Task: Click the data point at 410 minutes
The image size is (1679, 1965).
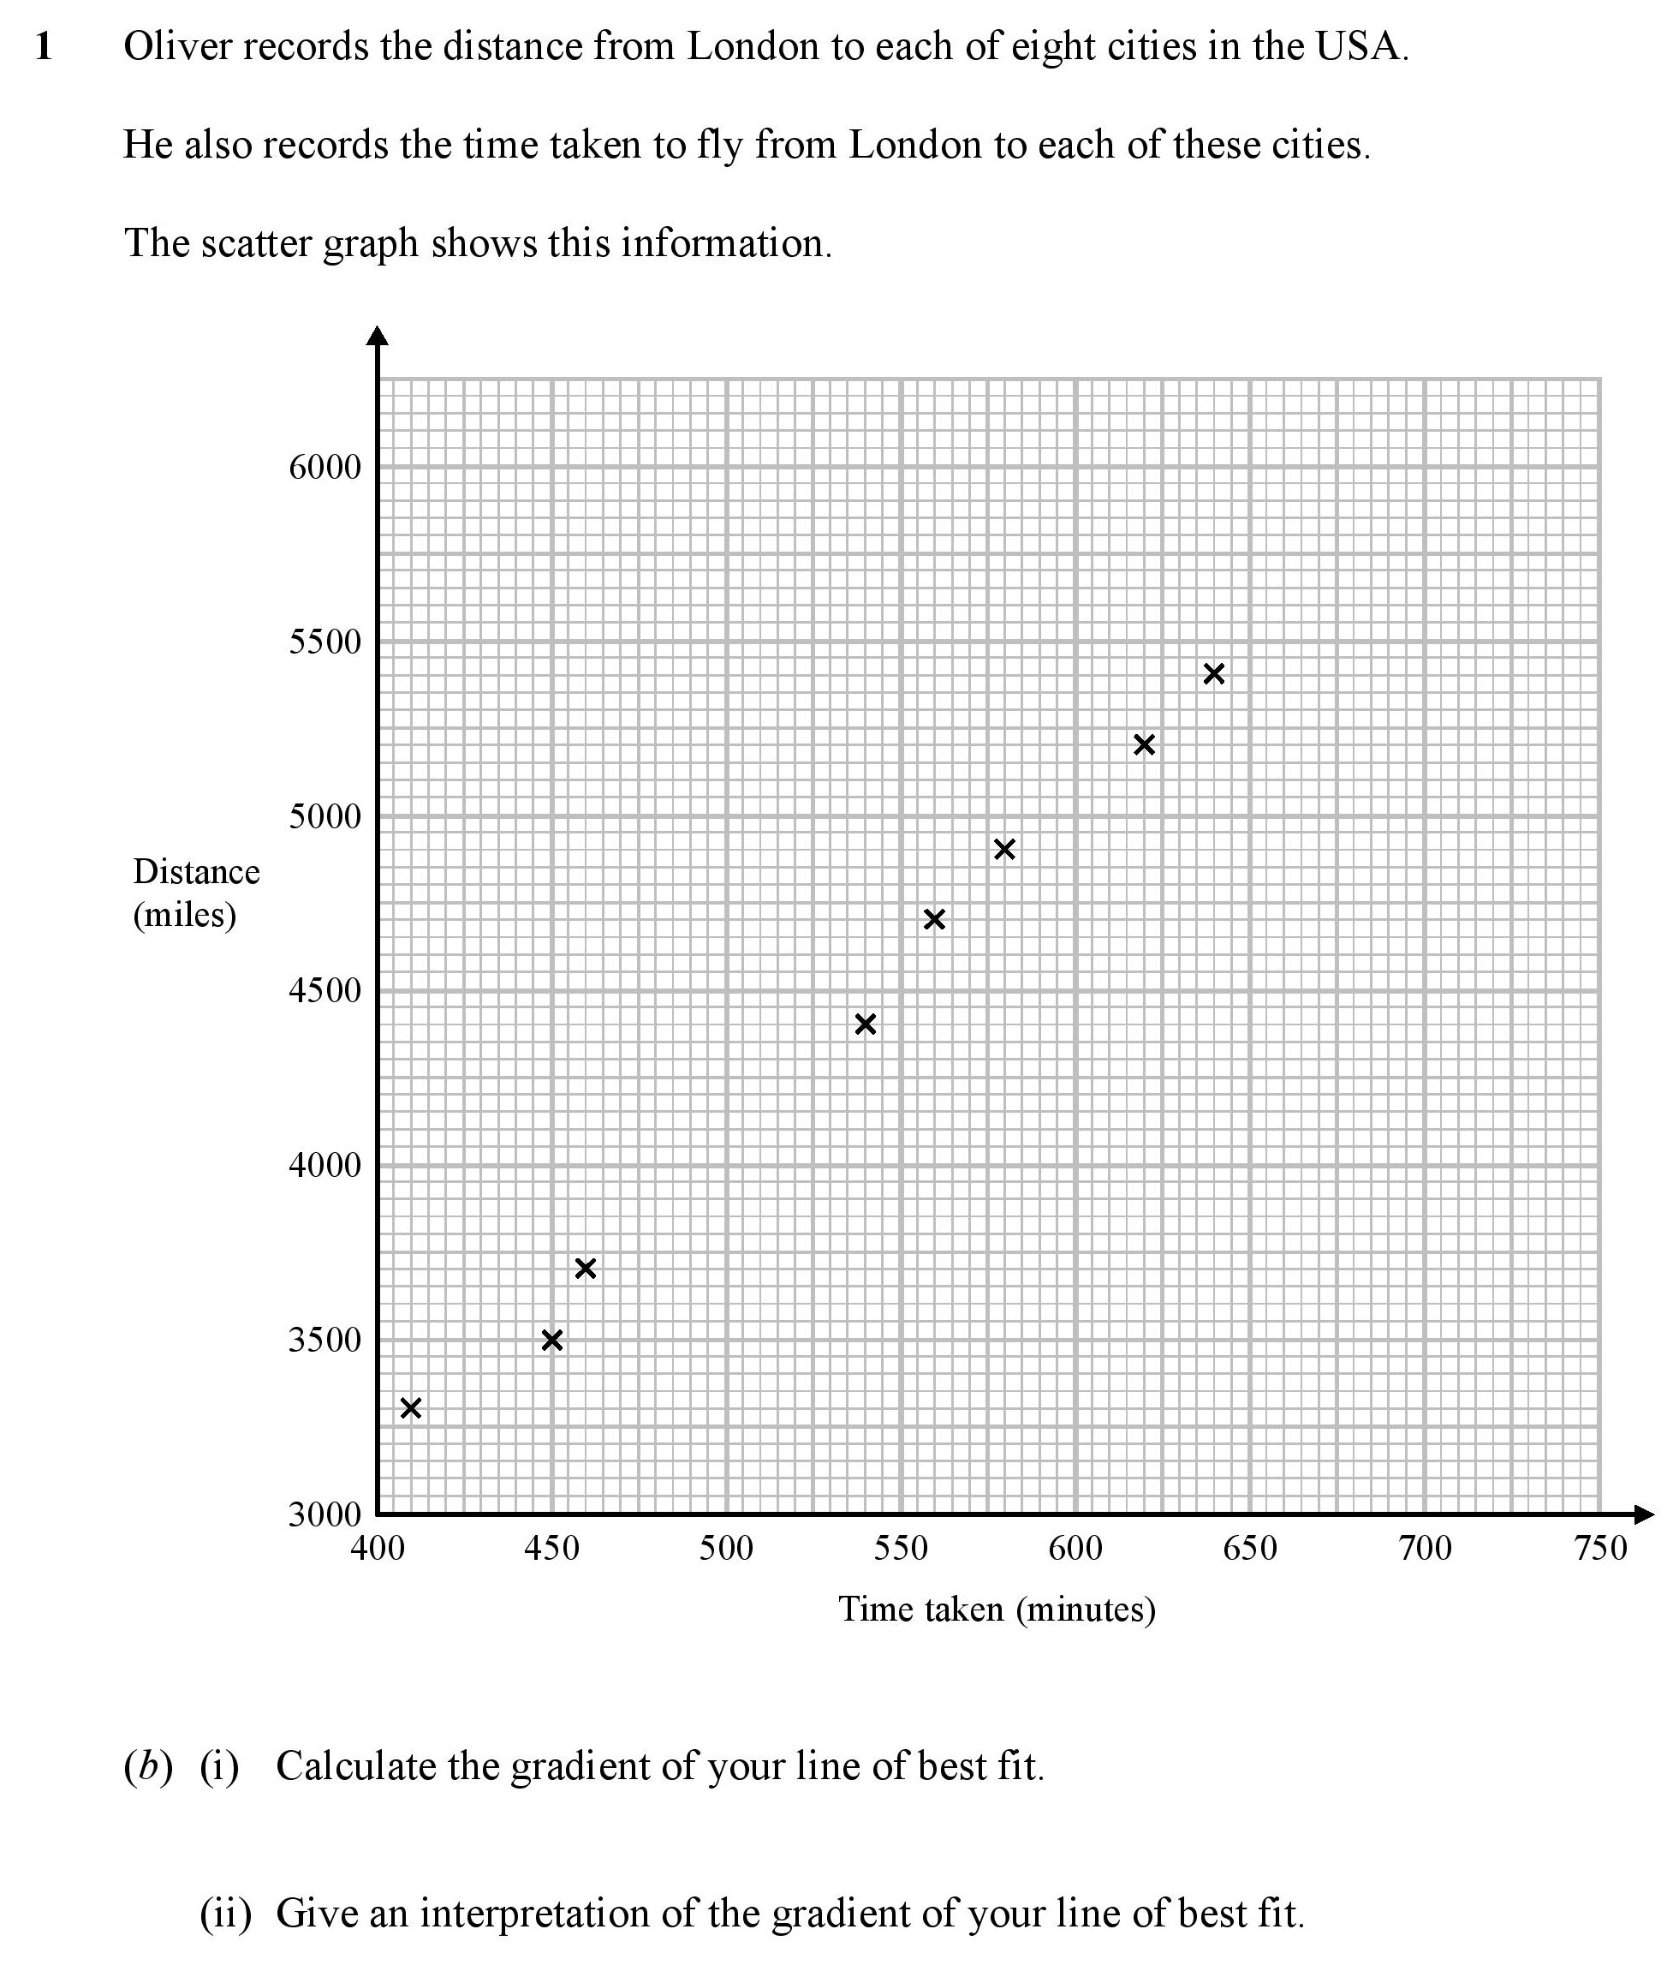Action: pyautogui.click(x=410, y=1408)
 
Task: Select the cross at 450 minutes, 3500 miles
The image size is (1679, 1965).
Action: pyautogui.click(x=551, y=1340)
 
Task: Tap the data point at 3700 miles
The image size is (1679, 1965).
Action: pyautogui.click(x=586, y=1269)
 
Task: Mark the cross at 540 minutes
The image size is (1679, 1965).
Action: pyautogui.click(x=866, y=1024)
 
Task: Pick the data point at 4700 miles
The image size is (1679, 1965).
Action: pyautogui.click(x=935, y=919)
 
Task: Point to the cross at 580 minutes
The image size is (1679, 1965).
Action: pyautogui.click(x=1005, y=850)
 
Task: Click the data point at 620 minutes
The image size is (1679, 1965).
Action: pyautogui.click(x=1144, y=744)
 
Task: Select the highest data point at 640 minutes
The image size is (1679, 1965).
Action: pyautogui.click(x=1214, y=674)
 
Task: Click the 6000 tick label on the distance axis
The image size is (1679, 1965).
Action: pyautogui.click(x=325, y=468)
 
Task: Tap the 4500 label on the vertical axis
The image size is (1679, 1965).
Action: pyautogui.click(x=325, y=991)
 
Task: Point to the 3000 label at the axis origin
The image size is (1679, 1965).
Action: pyautogui.click(x=325, y=1514)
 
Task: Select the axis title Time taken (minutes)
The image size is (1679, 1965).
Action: pyautogui.click(x=997, y=1610)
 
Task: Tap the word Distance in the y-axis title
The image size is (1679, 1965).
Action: pyautogui.click(x=196, y=871)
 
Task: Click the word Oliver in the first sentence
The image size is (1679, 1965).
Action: pyautogui.click(x=177, y=46)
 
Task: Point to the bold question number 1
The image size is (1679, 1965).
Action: pyautogui.click(x=44, y=47)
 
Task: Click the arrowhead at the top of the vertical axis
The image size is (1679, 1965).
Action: pyautogui.click(x=378, y=336)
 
